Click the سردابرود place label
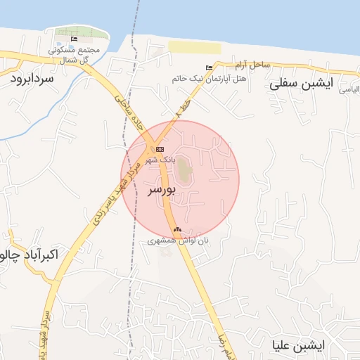click(32, 79)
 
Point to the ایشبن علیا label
click(300, 345)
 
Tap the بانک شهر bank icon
click(160, 149)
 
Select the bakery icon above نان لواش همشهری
click(177, 229)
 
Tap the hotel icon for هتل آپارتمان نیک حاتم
click(209, 68)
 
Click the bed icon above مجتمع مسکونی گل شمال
click(75, 38)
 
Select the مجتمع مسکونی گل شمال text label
click(77, 55)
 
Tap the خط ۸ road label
click(184, 108)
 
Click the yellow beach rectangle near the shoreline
click(194, 47)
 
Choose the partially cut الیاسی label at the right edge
click(350, 90)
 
